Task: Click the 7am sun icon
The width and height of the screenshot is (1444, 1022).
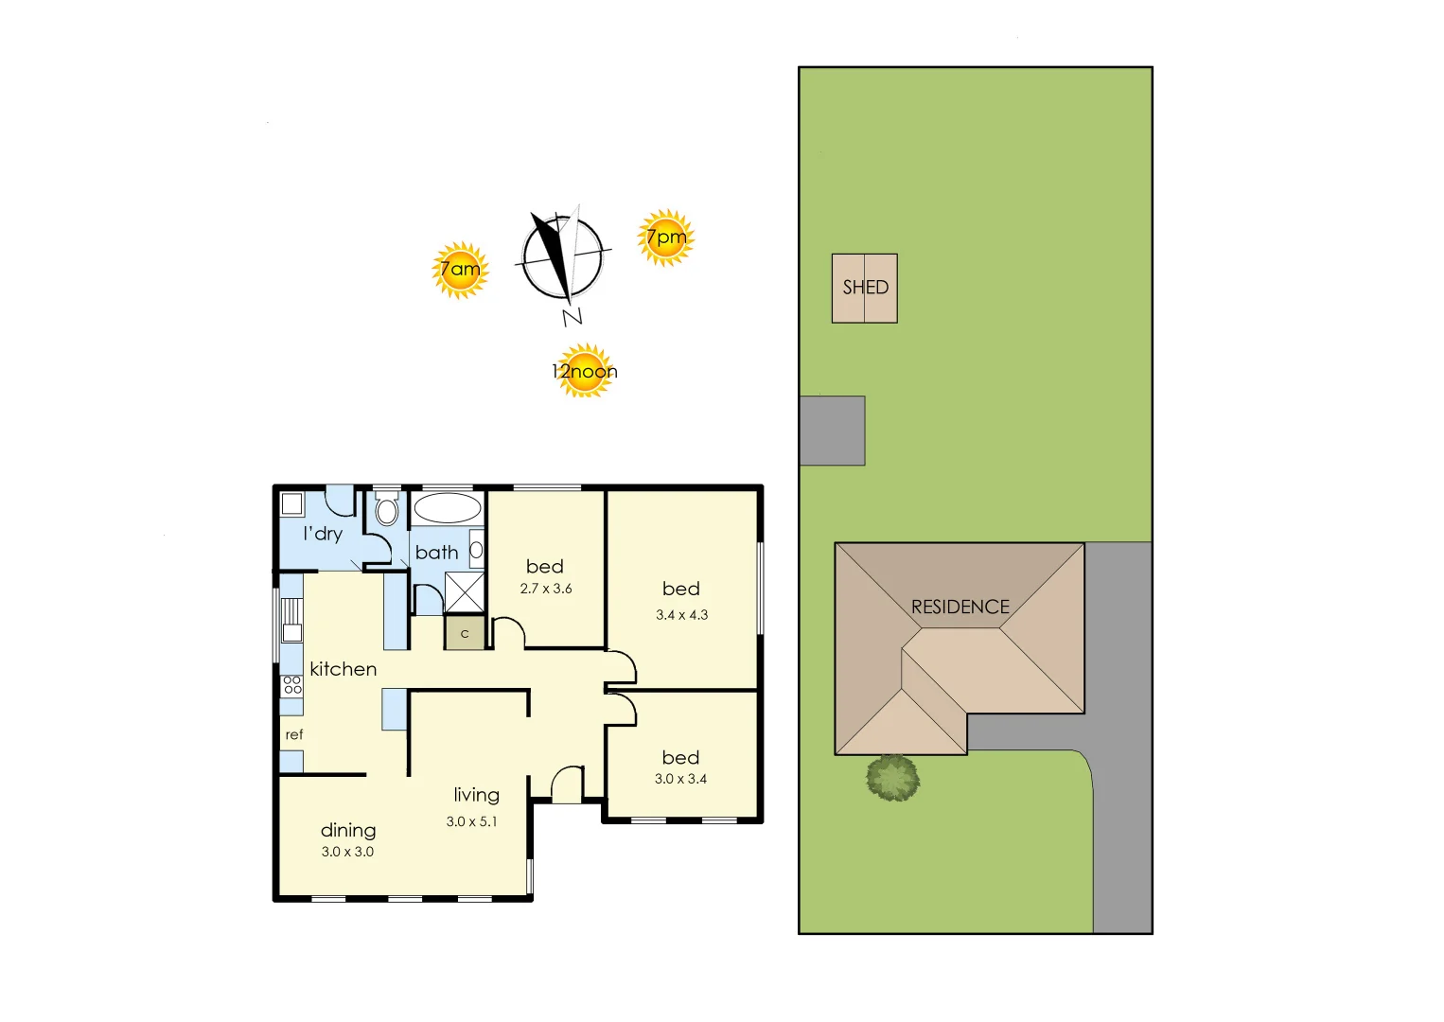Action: coord(460,270)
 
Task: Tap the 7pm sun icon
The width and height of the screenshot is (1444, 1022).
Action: coord(666,238)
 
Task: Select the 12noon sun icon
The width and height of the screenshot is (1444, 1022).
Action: coord(585,371)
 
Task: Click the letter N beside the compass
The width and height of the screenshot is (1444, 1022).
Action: coord(572,317)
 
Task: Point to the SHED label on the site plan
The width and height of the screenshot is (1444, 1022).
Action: coord(865,288)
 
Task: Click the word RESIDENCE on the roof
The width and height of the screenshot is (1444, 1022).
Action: coord(960,608)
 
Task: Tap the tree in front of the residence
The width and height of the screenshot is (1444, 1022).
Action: coord(892,778)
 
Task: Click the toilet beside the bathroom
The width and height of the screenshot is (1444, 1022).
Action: coord(386,511)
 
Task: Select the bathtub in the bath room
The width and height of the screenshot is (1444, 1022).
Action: coord(447,508)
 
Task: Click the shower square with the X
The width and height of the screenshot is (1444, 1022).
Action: coord(465,592)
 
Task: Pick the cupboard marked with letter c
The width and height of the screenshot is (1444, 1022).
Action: coord(465,634)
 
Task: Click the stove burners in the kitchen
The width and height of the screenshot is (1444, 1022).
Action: coord(292,685)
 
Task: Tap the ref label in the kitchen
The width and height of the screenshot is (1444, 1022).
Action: coord(294,735)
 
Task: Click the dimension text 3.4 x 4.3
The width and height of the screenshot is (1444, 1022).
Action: coord(681,615)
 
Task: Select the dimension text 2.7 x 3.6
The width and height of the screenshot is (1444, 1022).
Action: coord(546,589)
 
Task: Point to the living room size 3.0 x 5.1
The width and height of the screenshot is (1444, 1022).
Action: coord(471,821)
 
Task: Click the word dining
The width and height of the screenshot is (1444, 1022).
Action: coord(348,831)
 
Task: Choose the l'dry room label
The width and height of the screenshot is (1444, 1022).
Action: coord(323,534)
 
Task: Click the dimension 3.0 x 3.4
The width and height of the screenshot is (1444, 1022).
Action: coord(680,779)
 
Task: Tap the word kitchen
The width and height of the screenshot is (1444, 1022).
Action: coord(343,669)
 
